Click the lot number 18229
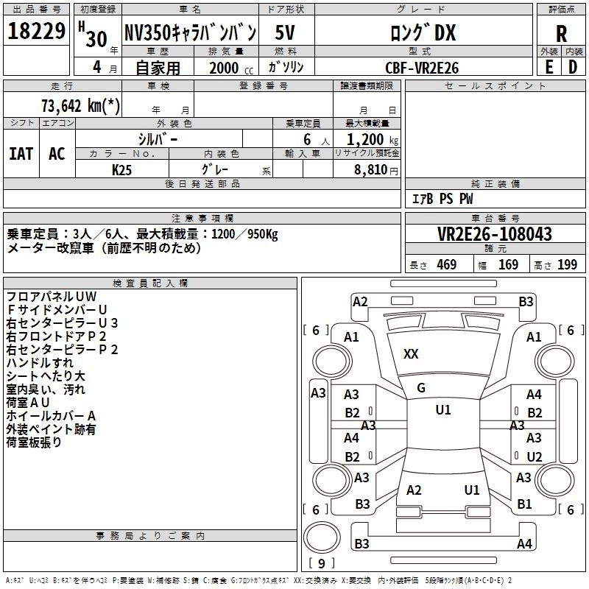point(36,31)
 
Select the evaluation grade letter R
point(561,34)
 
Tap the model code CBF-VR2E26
point(422,68)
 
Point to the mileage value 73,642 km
point(80,106)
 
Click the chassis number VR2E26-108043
point(495,234)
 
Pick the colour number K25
point(121,170)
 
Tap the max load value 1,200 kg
point(373,140)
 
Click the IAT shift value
point(21,154)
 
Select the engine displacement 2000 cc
point(231,68)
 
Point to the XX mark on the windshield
point(411,354)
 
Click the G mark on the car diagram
point(421,388)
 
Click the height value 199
point(567,265)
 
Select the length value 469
point(447,265)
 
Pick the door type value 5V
point(285,32)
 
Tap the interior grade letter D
point(573,67)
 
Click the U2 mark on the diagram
point(535,456)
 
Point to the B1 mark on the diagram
point(524,504)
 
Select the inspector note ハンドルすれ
point(40,363)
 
